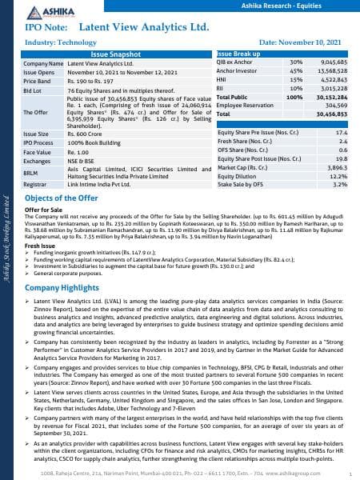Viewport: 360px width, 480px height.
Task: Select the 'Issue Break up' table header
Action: tap(236, 53)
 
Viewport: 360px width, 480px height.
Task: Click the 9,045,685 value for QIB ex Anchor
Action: tap(331, 62)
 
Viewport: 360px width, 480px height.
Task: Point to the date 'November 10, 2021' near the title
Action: tap(304, 39)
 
